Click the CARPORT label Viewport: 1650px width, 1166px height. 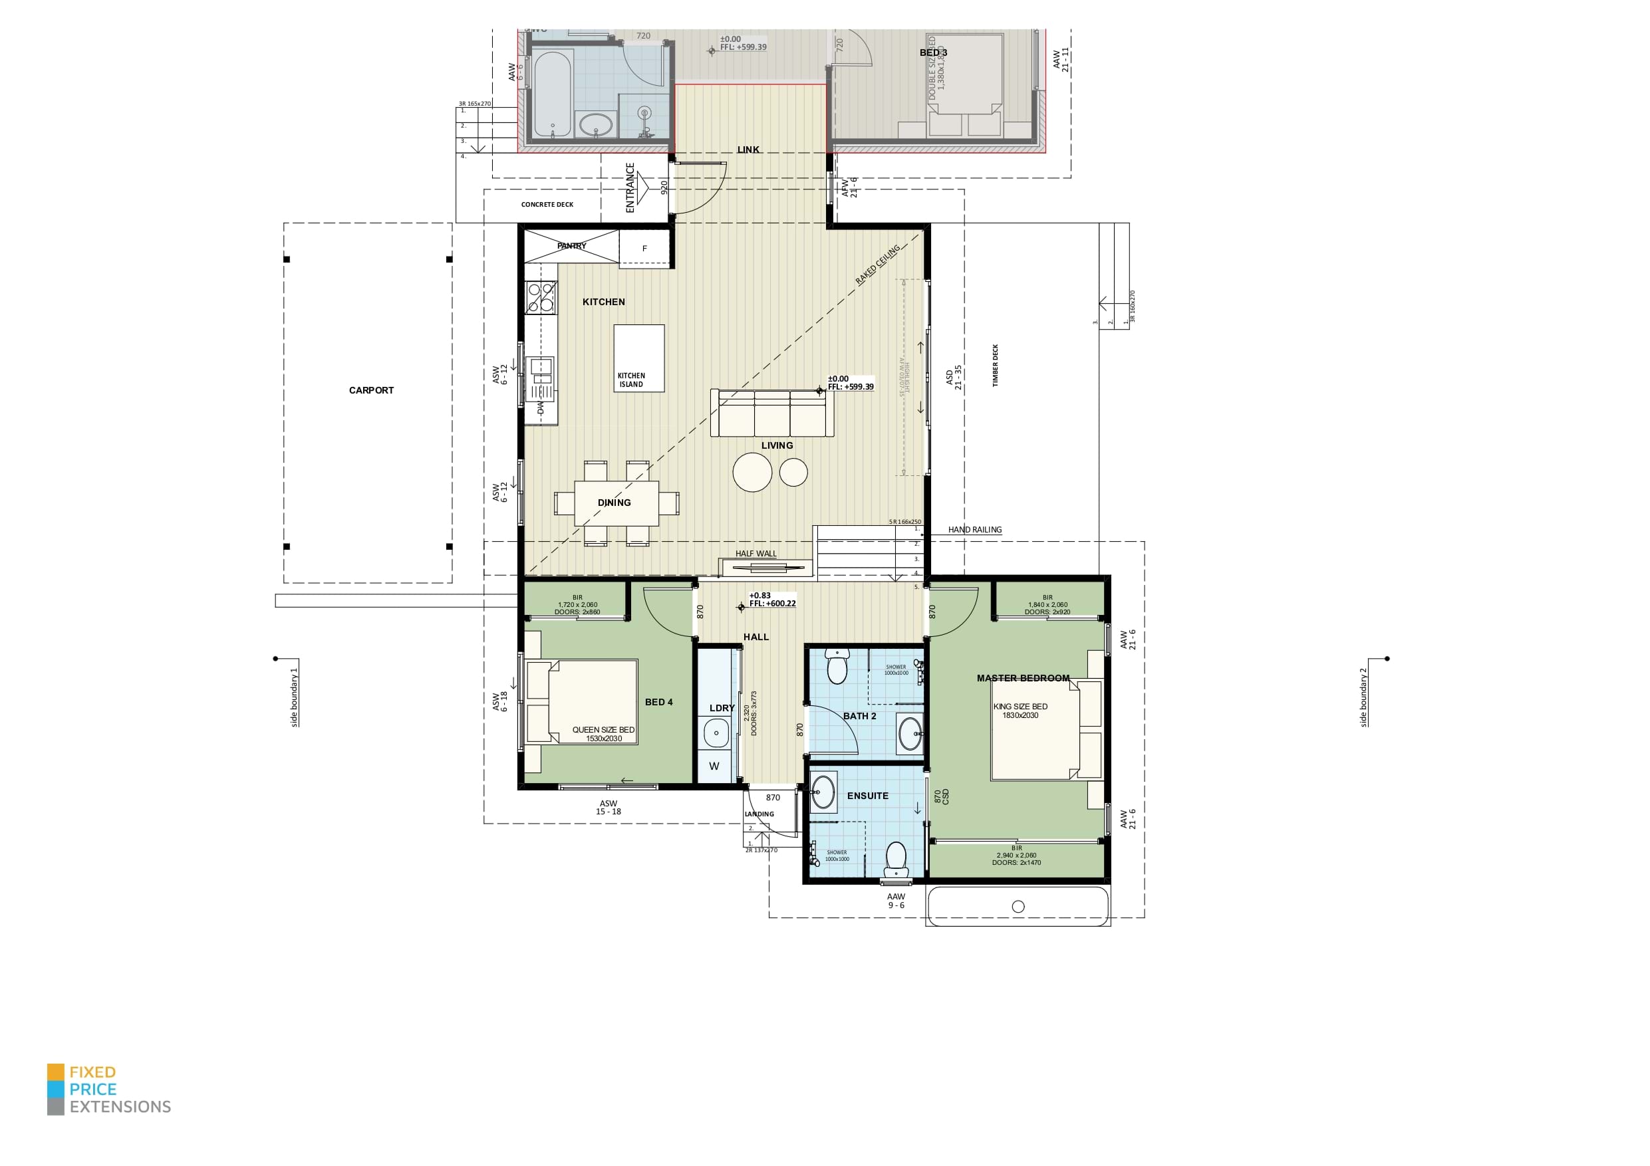tap(371, 390)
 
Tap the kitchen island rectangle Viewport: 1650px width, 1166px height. tap(638, 358)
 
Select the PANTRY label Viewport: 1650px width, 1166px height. tap(571, 246)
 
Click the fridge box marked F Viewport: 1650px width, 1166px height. tap(644, 249)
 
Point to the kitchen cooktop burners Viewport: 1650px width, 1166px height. tap(541, 297)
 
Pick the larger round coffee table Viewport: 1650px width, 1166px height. tap(752, 473)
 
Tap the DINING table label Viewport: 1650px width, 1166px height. tap(615, 502)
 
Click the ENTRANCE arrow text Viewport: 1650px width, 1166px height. tap(630, 188)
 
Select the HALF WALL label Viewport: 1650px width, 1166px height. tap(756, 553)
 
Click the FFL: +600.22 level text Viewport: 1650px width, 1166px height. tap(773, 604)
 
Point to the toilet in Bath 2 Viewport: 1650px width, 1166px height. tap(837, 667)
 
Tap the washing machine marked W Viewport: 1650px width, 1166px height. tap(714, 766)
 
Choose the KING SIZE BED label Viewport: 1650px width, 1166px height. tap(1020, 706)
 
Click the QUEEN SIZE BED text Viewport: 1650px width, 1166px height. tap(603, 729)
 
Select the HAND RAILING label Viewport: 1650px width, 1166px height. tap(974, 529)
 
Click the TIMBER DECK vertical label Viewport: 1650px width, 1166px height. tap(996, 366)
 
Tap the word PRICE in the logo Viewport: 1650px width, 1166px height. tap(92, 1088)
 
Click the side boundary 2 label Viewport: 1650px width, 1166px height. tap(1363, 697)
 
